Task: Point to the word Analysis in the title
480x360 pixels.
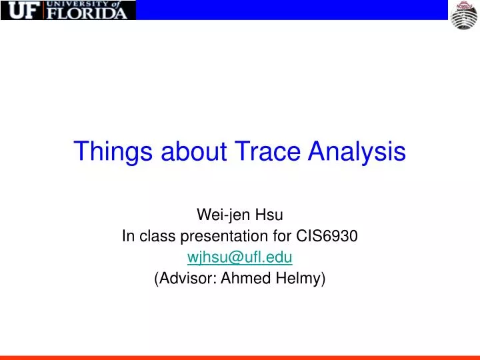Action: tap(357, 151)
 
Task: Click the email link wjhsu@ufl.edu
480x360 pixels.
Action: tap(240, 257)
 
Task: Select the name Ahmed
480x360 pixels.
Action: tap(241, 278)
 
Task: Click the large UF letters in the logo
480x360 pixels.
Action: tap(22, 10)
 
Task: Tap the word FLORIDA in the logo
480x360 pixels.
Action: tap(85, 13)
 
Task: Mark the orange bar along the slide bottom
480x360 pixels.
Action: tap(240, 357)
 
